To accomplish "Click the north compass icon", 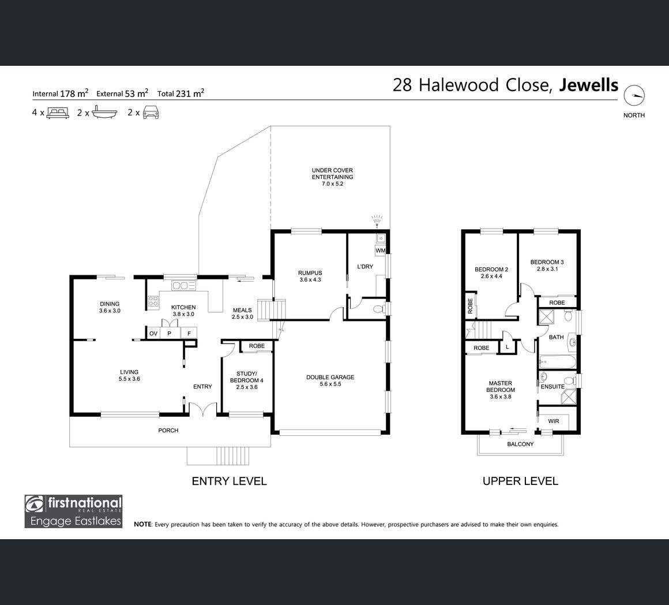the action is click(x=634, y=96).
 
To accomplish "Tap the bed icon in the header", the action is click(x=58, y=113).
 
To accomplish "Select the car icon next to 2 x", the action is click(x=151, y=113).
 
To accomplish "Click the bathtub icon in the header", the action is click(x=104, y=113).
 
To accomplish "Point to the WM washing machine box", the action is click(x=380, y=251).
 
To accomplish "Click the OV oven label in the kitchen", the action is click(x=153, y=334).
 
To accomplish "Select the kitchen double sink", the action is click(x=183, y=286).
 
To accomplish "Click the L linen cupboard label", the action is click(x=508, y=347).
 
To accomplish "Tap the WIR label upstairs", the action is click(x=554, y=421).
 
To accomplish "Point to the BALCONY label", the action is click(x=520, y=444).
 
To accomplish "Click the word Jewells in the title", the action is click(x=589, y=85).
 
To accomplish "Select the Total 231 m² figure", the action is click(x=181, y=93).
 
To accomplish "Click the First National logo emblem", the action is click(x=35, y=504).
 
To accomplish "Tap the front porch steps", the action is click(x=232, y=456).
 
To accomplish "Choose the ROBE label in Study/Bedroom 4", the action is click(x=257, y=346).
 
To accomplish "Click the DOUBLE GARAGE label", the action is click(x=330, y=377).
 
